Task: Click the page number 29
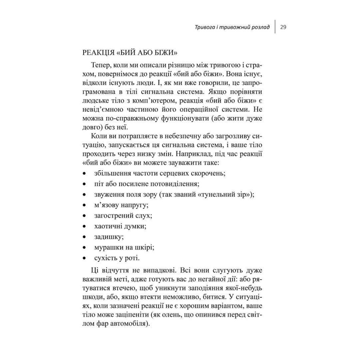click(283, 28)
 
